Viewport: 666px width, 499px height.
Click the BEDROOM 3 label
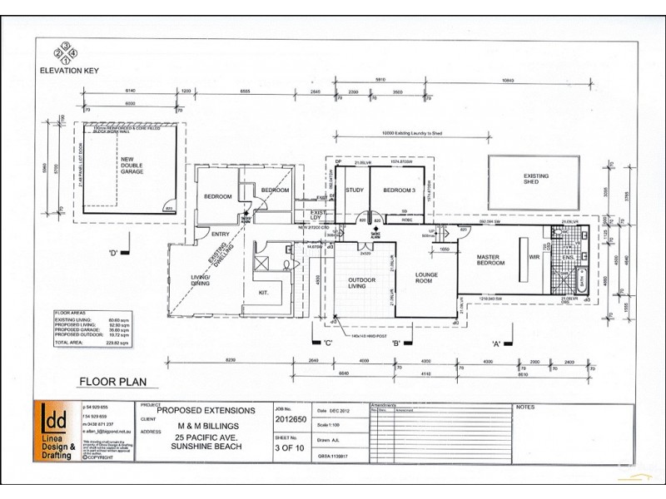point(397,190)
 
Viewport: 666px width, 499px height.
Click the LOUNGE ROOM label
point(426,276)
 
